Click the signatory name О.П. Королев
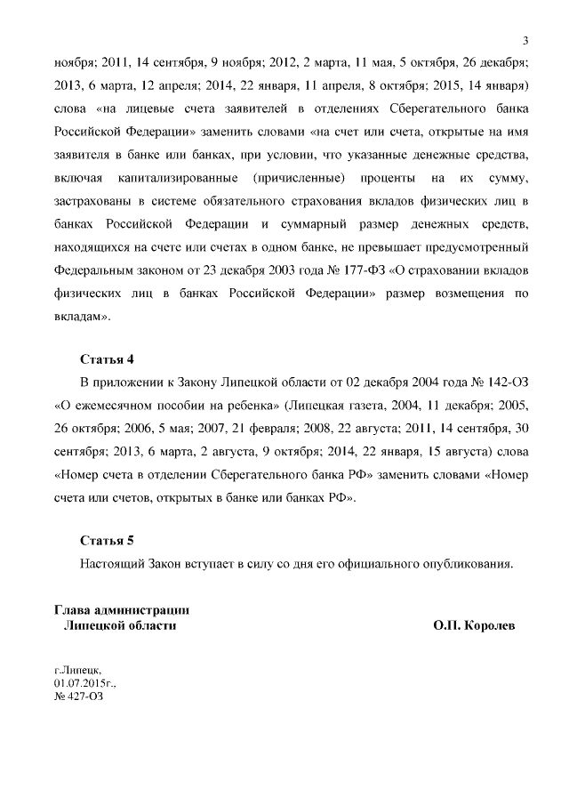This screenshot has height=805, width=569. tap(474, 625)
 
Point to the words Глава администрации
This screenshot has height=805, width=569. tap(121, 610)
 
